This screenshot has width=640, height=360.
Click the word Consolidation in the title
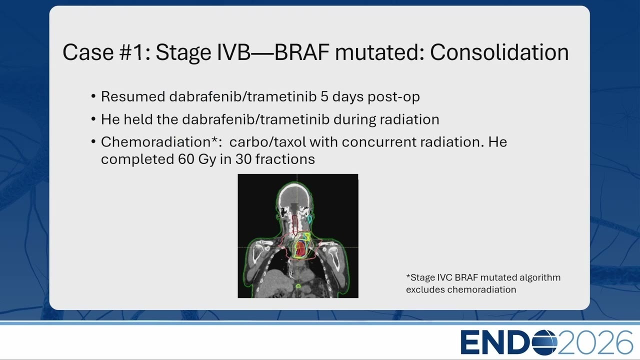tap(499, 52)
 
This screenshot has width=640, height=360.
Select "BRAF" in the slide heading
tap(301, 52)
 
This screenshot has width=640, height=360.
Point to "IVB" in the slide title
tap(233, 52)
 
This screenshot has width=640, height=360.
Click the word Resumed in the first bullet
tap(133, 96)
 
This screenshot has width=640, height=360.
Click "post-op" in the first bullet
tap(393, 97)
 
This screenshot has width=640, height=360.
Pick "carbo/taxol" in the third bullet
tap(267, 142)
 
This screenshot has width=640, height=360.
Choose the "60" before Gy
tap(186, 159)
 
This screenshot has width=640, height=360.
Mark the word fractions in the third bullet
tap(285, 159)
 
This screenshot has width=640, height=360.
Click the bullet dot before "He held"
tap(93, 119)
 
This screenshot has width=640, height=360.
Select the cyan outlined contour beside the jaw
tap(309, 219)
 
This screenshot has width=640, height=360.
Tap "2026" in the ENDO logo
tap(595, 342)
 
